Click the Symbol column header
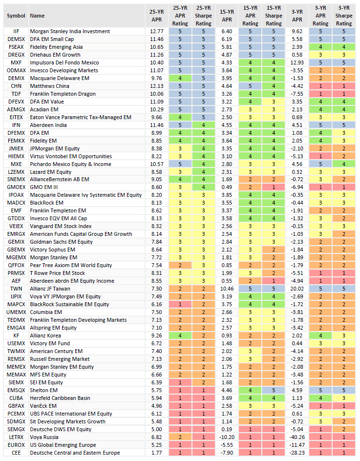coord(16,16)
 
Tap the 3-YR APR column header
coord(297,16)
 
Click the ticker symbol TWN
coord(16,289)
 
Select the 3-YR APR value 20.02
coord(297,289)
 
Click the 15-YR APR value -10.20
coord(227,437)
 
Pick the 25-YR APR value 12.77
coord(156,31)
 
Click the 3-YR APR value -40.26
coord(297,437)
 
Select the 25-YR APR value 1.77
coord(156,453)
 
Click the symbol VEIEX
coord(16,226)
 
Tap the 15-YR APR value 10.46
coord(227,289)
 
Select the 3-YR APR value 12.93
coord(297,63)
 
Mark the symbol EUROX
coord(16,445)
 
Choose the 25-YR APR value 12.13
coord(156,86)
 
